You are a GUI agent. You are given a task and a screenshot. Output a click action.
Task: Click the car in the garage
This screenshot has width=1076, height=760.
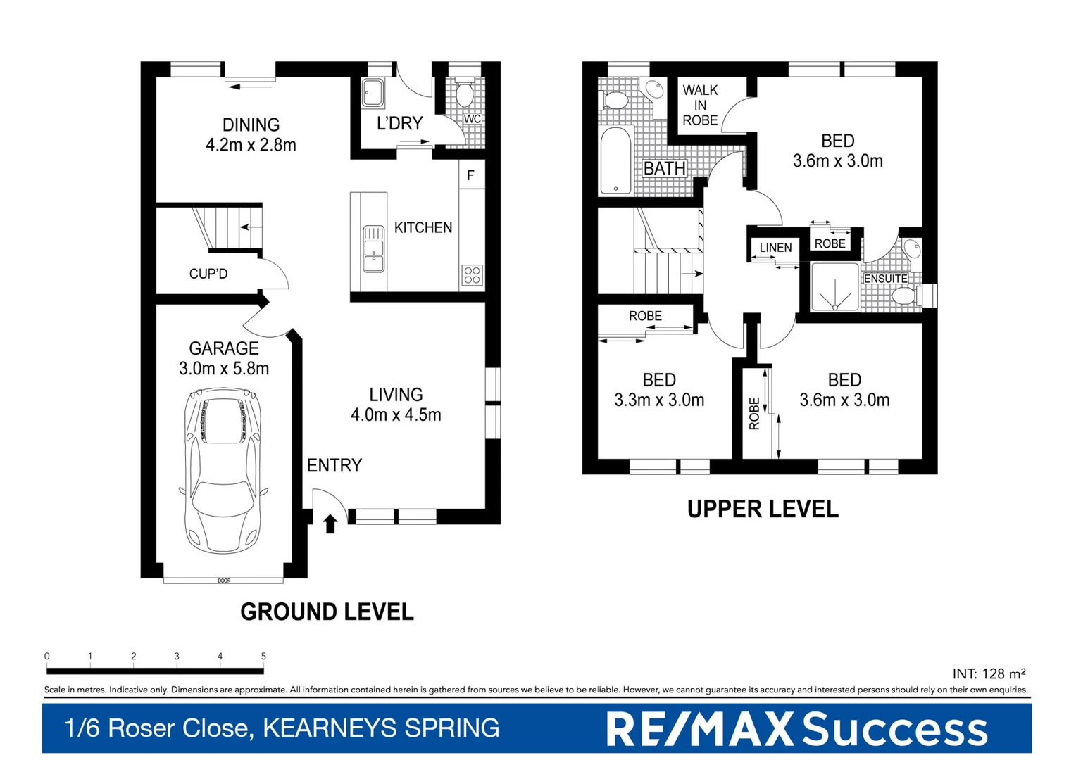coord(223,471)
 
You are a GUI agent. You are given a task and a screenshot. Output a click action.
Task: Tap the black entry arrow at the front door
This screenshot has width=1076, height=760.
coord(330,524)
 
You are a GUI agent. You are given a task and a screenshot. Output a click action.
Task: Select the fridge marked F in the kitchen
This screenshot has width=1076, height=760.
coord(471,175)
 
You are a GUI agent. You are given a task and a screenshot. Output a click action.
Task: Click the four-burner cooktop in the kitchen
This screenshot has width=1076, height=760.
coord(473,276)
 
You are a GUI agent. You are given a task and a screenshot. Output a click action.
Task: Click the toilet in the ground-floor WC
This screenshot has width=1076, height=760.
coord(464,92)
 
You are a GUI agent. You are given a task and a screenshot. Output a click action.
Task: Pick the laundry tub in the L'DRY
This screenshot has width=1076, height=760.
coord(373,93)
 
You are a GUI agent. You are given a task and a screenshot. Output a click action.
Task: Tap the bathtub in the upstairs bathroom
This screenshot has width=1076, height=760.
coord(615,161)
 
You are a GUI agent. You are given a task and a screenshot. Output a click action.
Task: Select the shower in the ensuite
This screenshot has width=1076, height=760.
coord(835,286)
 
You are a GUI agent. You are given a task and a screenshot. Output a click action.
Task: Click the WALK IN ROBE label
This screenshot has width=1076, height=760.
coord(700,105)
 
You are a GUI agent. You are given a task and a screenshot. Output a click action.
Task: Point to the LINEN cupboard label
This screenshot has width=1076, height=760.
coord(775,248)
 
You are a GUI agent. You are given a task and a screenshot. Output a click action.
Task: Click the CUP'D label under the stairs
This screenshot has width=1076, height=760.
coord(208,274)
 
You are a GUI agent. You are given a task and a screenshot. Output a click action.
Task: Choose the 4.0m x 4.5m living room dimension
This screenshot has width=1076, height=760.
coord(396,414)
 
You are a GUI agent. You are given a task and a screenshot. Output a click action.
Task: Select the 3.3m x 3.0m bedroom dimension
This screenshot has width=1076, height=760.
coord(659,400)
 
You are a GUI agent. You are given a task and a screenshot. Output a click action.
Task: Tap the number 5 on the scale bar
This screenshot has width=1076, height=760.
coord(263,656)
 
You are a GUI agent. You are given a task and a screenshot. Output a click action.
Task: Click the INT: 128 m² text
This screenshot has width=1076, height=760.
coord(989,673)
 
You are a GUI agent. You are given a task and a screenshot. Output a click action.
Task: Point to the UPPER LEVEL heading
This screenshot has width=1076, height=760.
coord(763,509)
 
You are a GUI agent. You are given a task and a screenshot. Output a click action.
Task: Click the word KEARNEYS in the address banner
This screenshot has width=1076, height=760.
coord(330,728)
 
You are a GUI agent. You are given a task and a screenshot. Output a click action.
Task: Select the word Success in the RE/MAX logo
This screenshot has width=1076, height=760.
coord(894,730)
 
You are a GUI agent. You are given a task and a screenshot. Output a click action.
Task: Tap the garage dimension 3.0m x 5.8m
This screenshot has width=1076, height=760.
coord(224,368)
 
